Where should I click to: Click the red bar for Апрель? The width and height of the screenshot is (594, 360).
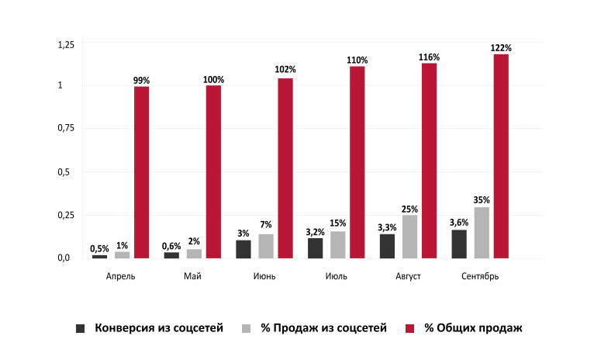click(141, 171)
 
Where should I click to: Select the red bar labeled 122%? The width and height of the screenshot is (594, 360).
click(501, 155)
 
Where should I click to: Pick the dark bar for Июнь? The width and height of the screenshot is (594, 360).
click(243, 248)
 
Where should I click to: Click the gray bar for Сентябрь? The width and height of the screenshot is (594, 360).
click(482, 232)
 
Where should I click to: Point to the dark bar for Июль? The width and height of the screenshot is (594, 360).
click(315, 247)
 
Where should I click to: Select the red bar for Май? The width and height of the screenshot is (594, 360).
click(213, 171)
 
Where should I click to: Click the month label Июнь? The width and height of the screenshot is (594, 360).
click(264, 275)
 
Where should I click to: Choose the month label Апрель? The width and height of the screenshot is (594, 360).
click(121, 275)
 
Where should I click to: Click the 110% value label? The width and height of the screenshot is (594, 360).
click(357, 60)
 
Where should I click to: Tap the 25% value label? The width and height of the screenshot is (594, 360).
click(409, 209)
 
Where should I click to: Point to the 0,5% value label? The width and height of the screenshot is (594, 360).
click(99, 248)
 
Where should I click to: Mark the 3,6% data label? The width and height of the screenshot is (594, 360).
click(459, 223)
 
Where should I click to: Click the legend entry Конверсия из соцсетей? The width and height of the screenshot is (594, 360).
click(159, 328)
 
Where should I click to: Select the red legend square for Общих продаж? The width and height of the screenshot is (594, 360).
click(412, 329)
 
